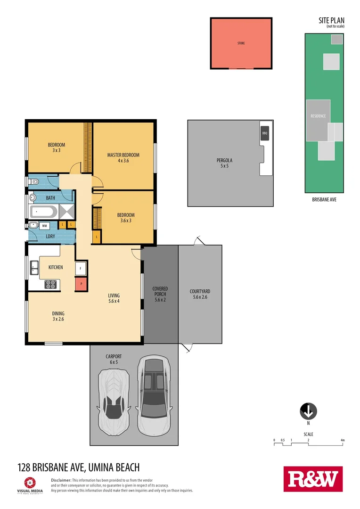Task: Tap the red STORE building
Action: pyautogui.click(x=241, y=43)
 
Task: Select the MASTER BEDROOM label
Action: pyautogui.click(x=123, y=157)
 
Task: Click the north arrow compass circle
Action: pyautogui.click(x=308, y=411)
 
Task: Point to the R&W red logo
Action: pyautogui.click(x=312, y=479)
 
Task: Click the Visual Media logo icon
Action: pyautogui.click(x=29, y=483)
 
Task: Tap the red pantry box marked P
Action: pyautogui.click(x=81, y=284)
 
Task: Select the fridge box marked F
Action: pyautogui.click(x=81, y=268)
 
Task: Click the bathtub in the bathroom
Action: pyautogui.click(x=43, y=212)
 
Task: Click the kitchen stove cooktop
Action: pyautogui.click(x=51, y=284)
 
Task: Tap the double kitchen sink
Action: pyautogui.click(x=34, y=268)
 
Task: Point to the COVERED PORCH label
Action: pyautogui.click(x=160, y=292)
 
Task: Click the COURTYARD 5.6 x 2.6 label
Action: pyautogui.click(x=200, y=294)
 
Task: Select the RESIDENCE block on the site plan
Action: pyautogui.click(x=318, y=120)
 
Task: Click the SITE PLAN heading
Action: pyautogui.click(x=331, y=20)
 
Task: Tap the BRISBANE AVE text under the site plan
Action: pyautogui.click(x=324, y=199)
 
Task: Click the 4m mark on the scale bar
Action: pyautogui.click(x=343, y=441)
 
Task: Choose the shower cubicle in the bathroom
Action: pyautogui.click(x=67, y=212)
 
